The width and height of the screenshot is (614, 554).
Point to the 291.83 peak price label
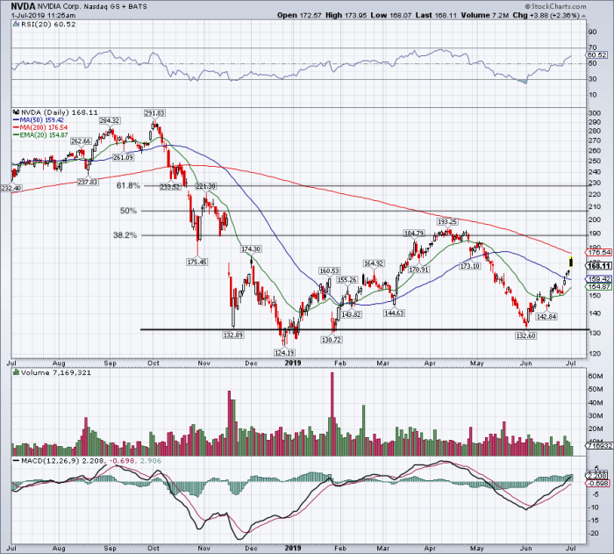pos(154,113)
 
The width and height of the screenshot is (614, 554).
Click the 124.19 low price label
pos(283,352)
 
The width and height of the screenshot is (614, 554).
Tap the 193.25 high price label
pos(447,222)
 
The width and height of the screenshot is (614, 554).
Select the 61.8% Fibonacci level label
pos(127,186)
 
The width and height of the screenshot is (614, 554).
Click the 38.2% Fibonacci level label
pos(127,235)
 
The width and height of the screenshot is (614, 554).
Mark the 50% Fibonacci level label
pos(130,211)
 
